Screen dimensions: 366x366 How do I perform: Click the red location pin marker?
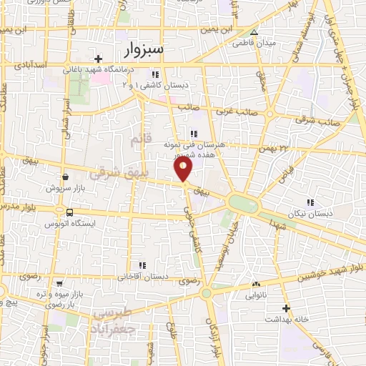184,169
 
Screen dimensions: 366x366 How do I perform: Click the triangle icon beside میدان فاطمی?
254,32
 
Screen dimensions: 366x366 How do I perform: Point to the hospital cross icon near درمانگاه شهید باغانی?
99,58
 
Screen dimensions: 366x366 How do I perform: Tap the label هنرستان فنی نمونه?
195,144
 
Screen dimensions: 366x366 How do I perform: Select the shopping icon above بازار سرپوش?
65,177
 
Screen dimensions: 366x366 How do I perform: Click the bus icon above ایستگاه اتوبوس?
69,212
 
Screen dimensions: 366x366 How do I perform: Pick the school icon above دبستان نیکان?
310,202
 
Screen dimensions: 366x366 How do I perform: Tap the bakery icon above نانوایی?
256,284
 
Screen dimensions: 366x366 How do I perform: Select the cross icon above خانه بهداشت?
286,308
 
